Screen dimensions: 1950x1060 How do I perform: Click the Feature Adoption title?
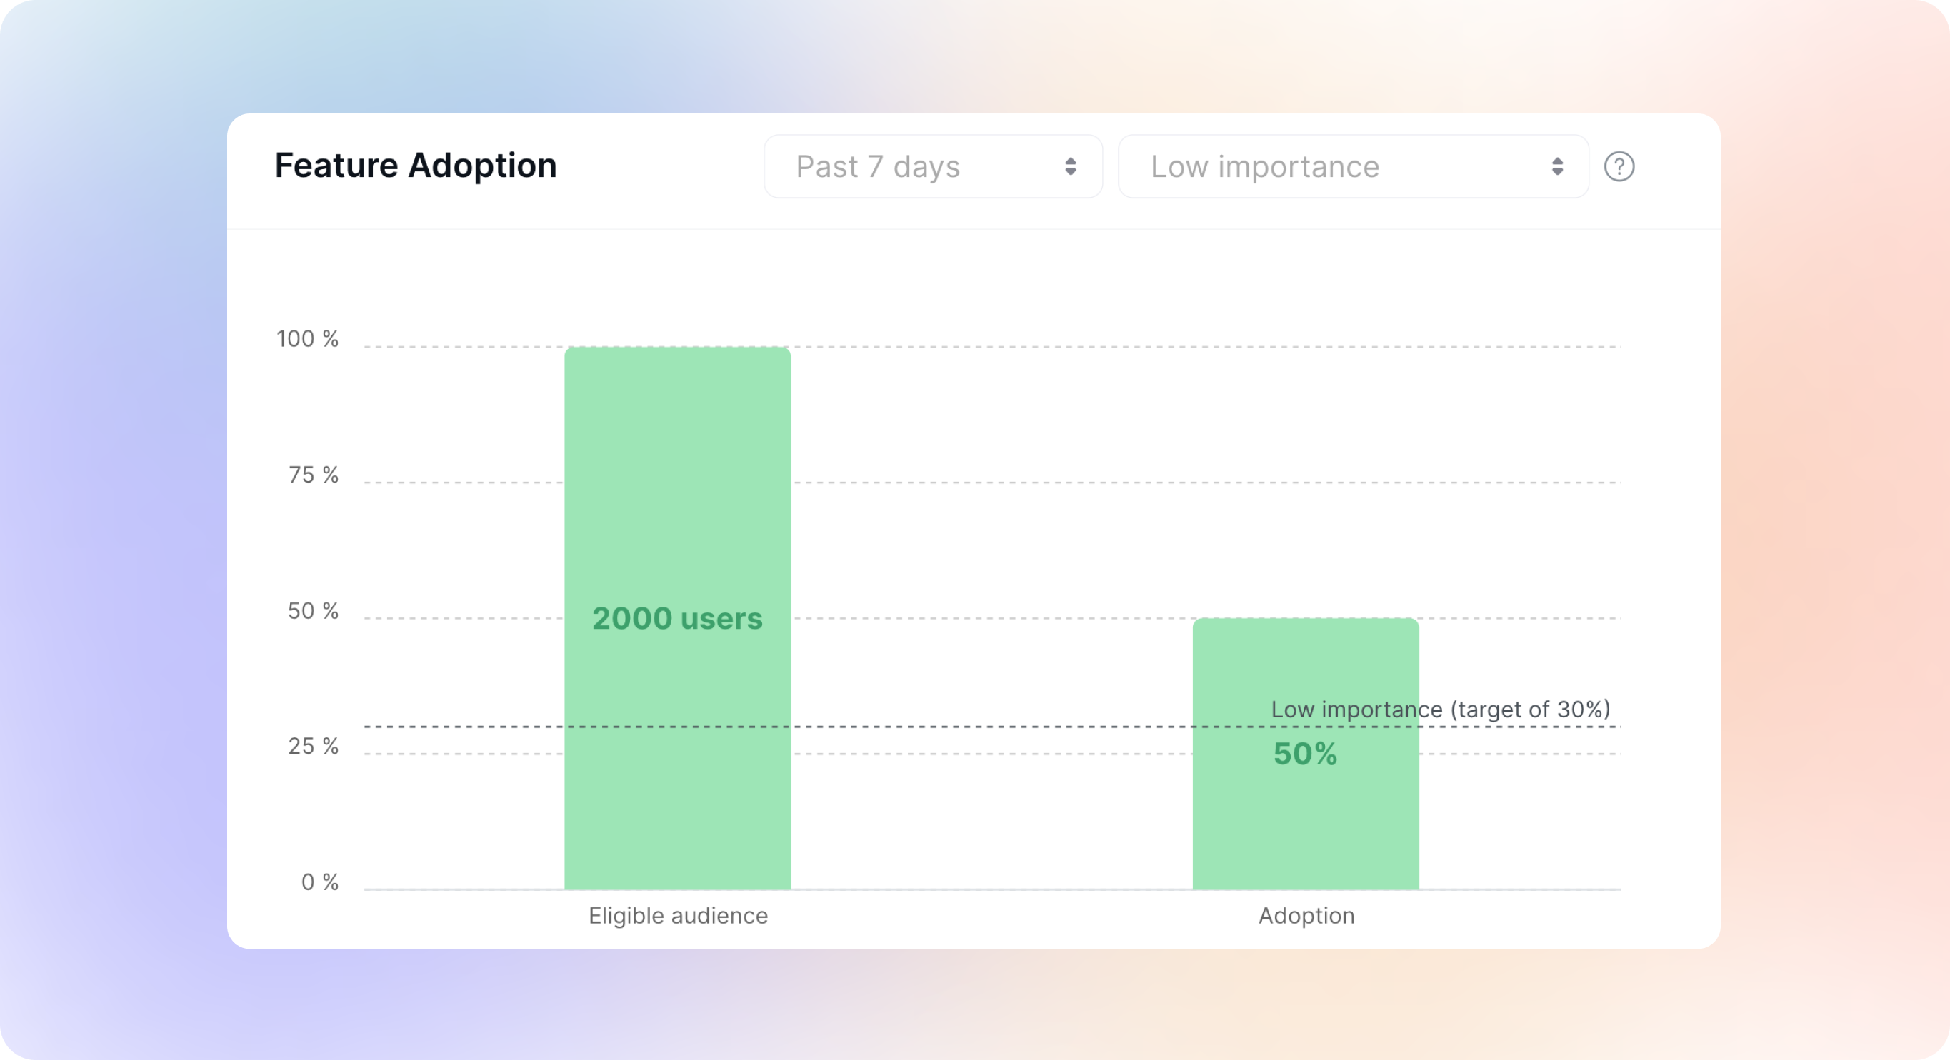coord(416,166)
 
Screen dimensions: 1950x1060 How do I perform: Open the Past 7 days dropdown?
coord(933,166)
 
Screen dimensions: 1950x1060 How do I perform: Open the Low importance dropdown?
coord(1353,166)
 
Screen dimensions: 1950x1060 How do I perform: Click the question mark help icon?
coord(1619,166)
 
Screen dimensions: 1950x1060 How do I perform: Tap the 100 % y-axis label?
coord(307,338)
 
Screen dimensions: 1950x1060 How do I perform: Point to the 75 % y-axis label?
coord(314,475)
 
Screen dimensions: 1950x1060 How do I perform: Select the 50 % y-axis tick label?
coord(314,610)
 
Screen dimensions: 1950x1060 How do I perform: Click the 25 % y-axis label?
coord(314,746)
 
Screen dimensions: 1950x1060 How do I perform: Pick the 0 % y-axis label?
coord(319,882)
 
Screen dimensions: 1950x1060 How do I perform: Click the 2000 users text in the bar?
coord(678,618)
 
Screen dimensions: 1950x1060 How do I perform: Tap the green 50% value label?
coord(1305,754)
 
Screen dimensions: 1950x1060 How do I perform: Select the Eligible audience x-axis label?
coord(679,916)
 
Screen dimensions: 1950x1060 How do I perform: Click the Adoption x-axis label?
coord(1306,916)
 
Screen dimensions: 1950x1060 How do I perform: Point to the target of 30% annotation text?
coord(1441,709)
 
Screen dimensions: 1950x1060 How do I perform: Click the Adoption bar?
coord(1306,754)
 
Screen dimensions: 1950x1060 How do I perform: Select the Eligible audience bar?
coord(678,618)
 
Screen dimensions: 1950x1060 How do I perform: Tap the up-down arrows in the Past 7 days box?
coord(1071,166)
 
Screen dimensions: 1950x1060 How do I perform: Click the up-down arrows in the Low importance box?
coord(1557,166)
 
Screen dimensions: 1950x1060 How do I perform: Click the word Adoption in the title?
coord(483,166)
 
